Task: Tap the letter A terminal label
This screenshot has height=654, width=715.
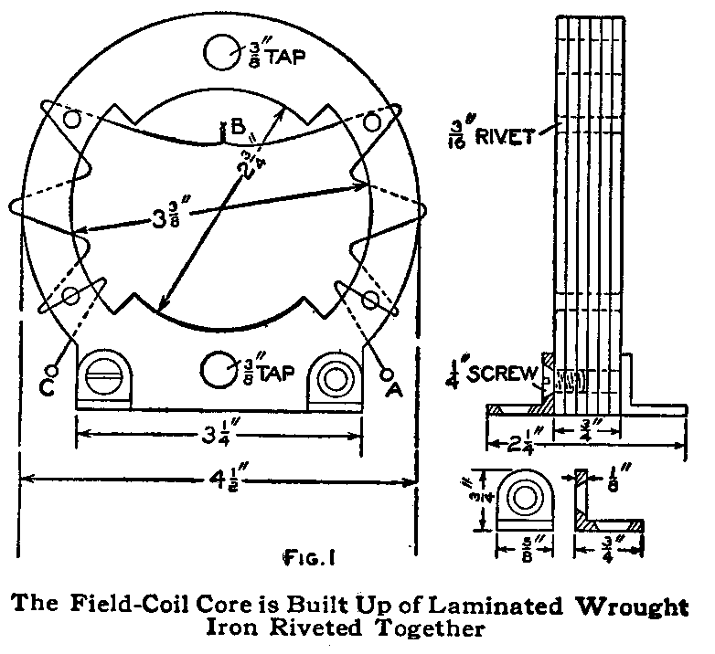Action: (394, 387)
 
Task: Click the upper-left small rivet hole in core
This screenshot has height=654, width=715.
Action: (72, 121)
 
